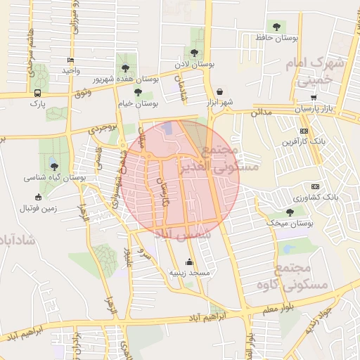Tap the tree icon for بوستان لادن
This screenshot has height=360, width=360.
point(194,53)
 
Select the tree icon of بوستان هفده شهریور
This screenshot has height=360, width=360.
point(125,68)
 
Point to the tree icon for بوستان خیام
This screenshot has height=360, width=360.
point(138,92)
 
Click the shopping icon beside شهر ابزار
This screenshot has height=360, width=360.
point(220,91)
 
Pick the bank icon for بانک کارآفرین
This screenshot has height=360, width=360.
point(304,131)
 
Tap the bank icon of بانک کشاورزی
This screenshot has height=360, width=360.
point(315,186)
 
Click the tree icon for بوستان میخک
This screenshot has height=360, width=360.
point(290,212)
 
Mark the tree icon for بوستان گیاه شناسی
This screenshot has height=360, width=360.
point(54,167)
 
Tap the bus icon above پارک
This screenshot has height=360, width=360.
point(37,93)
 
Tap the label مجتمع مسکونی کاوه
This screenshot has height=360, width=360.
point(309,277)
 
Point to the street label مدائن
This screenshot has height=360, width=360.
point(261,112)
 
